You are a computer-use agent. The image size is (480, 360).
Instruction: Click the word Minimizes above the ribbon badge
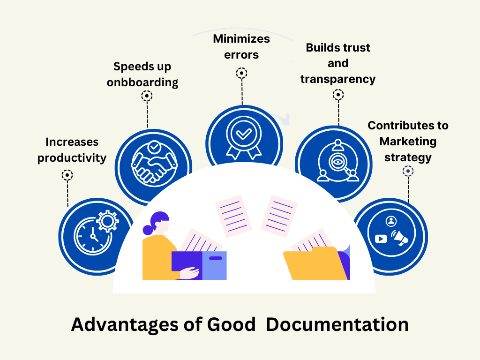click(241, 39)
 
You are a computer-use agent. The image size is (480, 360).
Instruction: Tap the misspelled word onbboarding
click(142, 82)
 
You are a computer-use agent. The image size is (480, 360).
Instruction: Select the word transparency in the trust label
click(338, 79)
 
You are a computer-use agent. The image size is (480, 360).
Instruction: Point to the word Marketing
click(408, 141)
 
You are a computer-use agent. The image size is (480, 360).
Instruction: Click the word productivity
click(72, 157)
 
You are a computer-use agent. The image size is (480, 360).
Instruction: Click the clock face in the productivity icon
click(91, 234)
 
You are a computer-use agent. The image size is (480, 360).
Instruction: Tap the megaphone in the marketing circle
click(400, 238)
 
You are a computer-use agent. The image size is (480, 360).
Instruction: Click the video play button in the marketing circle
click(381, 239)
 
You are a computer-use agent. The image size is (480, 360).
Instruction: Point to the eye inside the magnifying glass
click(337, 163)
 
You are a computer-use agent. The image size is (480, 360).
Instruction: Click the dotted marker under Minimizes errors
click(242, 73)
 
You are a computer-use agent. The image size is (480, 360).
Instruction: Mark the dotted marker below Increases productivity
click(67, 175)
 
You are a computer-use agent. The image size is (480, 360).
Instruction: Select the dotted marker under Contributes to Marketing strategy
click(408, 171)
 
